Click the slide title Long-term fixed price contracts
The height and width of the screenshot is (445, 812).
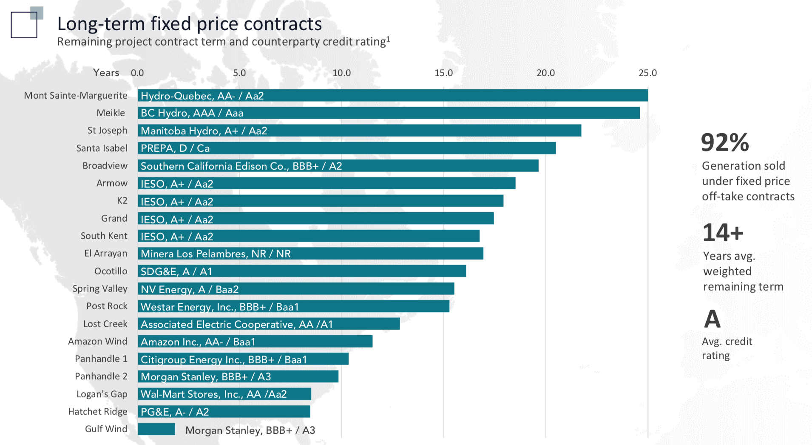(x=190, y=24)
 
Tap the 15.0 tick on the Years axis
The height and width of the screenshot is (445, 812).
(x=443, y=73)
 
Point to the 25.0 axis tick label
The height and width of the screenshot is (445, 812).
(x=647, y=73)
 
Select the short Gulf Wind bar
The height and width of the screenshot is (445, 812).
(x=156, y=429)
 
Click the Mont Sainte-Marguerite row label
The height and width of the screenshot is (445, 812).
(x=76, y=95)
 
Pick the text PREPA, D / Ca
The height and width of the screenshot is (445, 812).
(x=175, y=148)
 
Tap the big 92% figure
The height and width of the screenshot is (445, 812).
(x=724, y=143)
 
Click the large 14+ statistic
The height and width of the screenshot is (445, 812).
(x=723, y=233)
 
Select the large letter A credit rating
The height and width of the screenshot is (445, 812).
(x=712, y=319)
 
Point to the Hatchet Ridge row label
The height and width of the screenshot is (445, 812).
(x=97, y=411)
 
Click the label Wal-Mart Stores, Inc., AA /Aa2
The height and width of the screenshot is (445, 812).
(x=213, y=394)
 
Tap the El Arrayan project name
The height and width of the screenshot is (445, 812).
(x=105, y=254)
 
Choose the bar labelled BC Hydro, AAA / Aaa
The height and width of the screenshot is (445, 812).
(x=388, y=113)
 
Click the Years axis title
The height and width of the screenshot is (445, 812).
(x=106, y=73)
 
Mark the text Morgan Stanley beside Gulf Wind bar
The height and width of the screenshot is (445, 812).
(x=250, y=430)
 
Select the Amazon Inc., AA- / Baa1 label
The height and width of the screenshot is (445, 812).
(x=198, y=342)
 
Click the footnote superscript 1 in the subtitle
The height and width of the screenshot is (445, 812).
(x=388, y=39)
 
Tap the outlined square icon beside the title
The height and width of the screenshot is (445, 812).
(x=24, y=25)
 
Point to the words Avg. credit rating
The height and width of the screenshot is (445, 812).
(x=727, y=348)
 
